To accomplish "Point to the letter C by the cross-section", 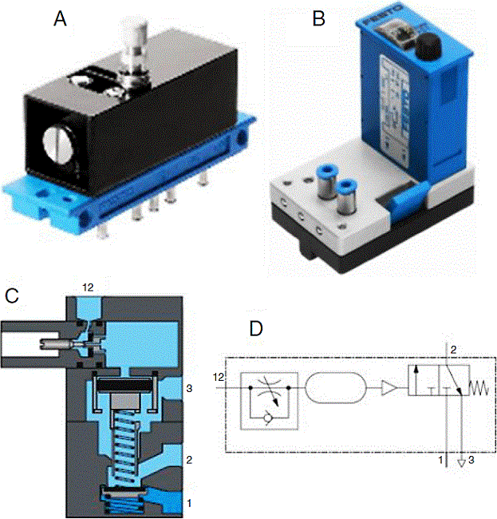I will point(12,295).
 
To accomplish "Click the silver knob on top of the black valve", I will point(130,40).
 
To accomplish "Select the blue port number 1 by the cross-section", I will point(188,503).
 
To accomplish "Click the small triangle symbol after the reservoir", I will point(390,389).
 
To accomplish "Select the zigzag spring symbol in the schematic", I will point(477,389).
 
